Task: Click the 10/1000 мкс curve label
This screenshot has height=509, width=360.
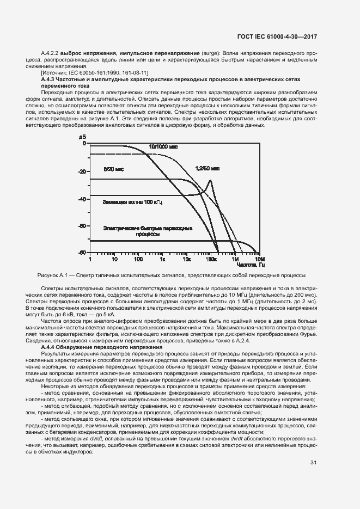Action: (x=164, y=146)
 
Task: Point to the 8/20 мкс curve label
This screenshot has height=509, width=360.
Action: (x=114, y=169)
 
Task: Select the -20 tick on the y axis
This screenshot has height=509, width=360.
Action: (x=82, y=171)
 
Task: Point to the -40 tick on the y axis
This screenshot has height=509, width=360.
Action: (x=82, y=199)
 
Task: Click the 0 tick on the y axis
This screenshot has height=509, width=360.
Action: (x=84, y=143)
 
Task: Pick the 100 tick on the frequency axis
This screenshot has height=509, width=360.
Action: (x=138, y=260)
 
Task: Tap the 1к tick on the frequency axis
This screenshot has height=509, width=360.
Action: (x=163, y=260)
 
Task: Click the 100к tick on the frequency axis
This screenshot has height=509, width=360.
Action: (x=211, y=260)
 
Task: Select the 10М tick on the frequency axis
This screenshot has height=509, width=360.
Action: (x=259, y=260)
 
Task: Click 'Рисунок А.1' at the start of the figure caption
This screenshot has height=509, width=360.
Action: (x=51, y=275)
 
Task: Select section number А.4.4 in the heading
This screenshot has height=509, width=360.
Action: (x=50, y=347)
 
